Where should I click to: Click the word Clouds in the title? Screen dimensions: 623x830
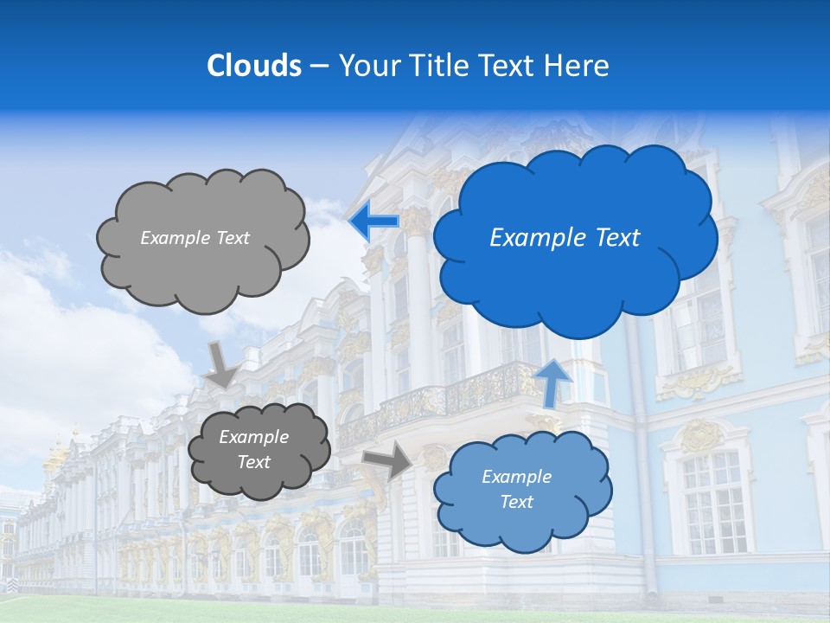click(254, 66)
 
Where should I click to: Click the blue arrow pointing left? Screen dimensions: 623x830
click(373, 222)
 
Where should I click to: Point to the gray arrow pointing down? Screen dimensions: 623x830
click(221, 364)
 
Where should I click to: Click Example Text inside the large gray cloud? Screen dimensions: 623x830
click(195, 238)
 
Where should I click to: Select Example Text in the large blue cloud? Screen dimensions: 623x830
click(565, 238)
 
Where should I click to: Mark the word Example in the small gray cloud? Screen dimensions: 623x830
click(253, 438)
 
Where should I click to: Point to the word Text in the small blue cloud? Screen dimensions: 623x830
click(516, 502)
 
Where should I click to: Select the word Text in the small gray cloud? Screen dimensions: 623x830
click(253, 462)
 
